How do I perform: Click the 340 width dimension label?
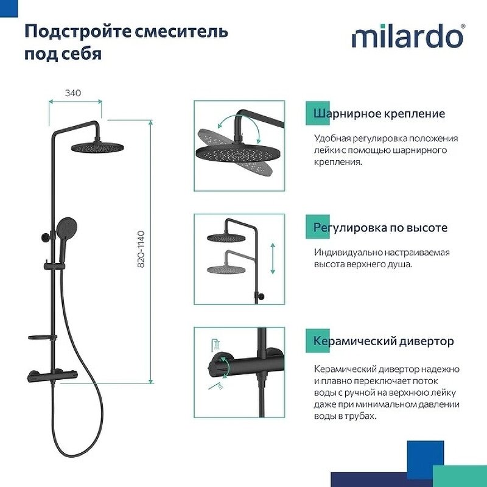tap(74, 93)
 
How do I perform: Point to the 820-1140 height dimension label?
tap(141, 250)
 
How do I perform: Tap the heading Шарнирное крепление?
tap(379, 114)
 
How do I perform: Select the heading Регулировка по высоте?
tap(380, 228)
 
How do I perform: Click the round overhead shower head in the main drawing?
tap(97, 147)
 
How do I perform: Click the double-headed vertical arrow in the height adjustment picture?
tap(273, 258)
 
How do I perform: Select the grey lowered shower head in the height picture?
tap(225, 268)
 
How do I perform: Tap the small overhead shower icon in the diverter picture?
tap(214, 344)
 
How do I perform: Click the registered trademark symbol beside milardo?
tap(463, 26)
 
